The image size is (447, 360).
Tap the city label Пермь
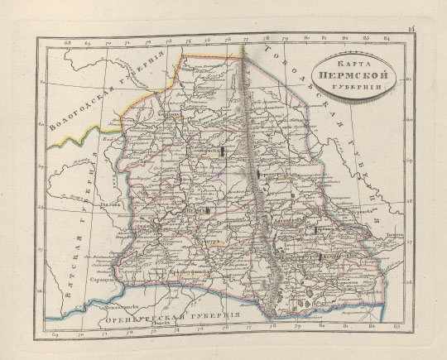(x=195, y=211)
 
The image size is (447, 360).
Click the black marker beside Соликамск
(x=223, y=151)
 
